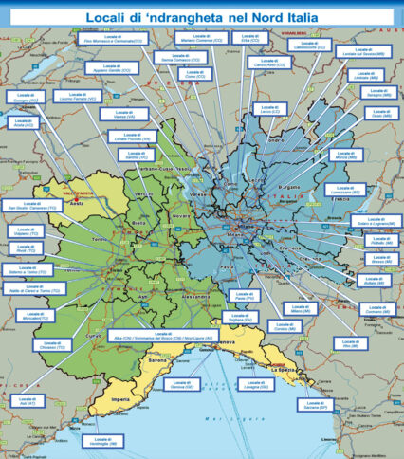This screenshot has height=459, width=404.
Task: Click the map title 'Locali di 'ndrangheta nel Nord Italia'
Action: coord(202,17)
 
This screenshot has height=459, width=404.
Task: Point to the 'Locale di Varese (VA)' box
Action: coord(136,114)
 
